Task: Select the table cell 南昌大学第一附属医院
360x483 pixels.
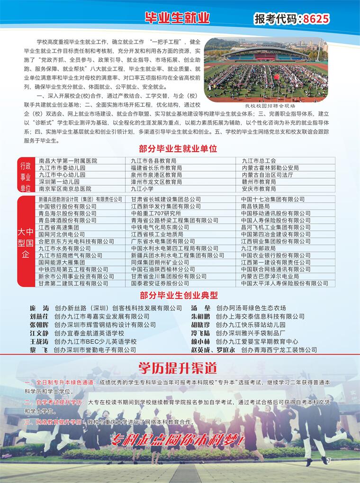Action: click(x=68, y=161)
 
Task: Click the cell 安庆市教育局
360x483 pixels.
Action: click(x=259, y=188)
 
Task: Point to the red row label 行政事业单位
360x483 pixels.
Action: click(x=25, y=175)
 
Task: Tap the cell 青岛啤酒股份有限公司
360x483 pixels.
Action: click(x=67, y=220)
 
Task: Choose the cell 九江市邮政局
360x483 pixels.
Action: click(x=258, y=248)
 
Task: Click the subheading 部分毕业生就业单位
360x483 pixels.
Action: click(x=178, y=149)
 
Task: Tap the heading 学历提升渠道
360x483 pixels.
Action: click(x=177, y=367)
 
